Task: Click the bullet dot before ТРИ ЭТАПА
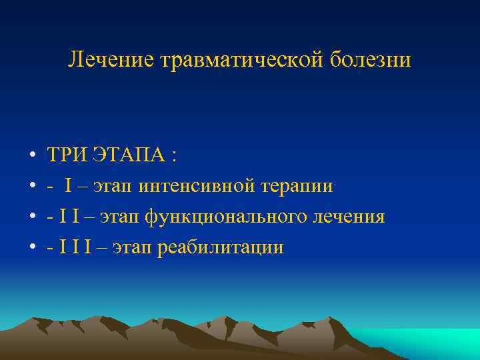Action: pyautogui.click(x=32, y=156)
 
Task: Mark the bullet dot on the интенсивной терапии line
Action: pyautogui.click(x=32, y=187)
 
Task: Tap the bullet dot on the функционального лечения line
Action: pyautogui.click(x=32, y=217)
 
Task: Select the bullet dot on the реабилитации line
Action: pyautogui.click(x=32, y=248)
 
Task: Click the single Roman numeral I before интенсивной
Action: pyautogui.click(x=69, y=186)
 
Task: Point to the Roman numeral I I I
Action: pyautogui.click(x=73, y=247)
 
